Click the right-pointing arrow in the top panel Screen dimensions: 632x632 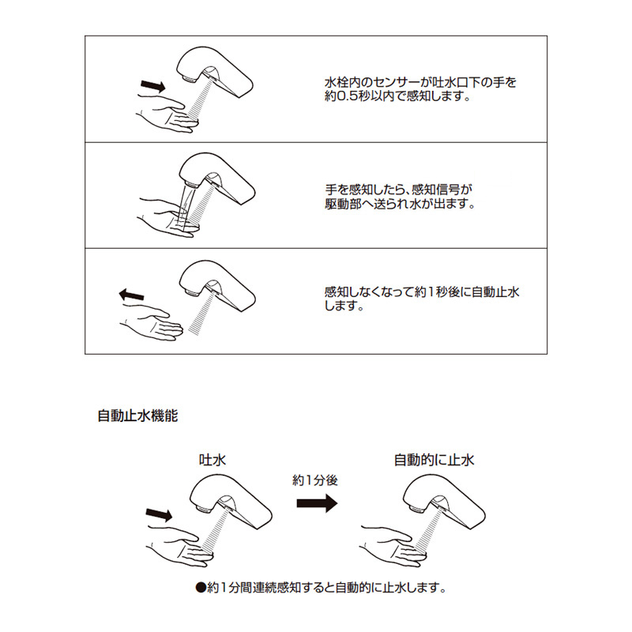[153, 86]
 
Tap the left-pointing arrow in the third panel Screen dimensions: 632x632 [131, 295]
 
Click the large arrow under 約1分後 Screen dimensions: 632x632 [317, 503]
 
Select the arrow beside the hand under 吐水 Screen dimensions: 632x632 [160, 514]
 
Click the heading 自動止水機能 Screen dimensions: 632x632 [137, 416]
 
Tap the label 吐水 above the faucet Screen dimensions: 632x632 [213, 460]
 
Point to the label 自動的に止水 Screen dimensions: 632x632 [434, 460]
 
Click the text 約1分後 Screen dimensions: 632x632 [314, 480]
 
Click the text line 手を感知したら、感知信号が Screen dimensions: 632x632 [399, 190]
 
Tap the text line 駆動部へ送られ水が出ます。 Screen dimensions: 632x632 [400, 204]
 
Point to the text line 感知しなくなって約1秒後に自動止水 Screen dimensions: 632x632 [422, 292]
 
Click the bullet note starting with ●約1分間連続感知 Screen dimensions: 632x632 [321, 588]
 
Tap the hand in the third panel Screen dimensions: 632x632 [152, 322]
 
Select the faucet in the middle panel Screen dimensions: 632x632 [216, 178]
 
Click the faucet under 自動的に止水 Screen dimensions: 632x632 [444, 504]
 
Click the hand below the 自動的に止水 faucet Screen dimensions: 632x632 [393, 546]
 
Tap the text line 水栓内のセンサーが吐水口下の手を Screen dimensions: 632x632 [420, 83]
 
